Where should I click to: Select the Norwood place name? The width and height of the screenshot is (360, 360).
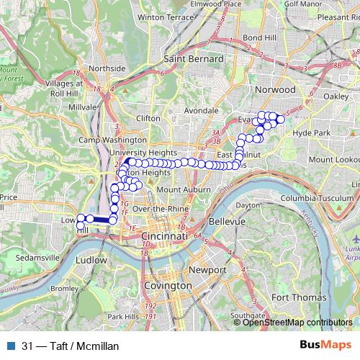[x=276, y=89]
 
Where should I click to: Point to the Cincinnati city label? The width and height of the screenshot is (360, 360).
[x=165, y=236]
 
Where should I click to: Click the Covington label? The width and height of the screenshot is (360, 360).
[x=167, y=286]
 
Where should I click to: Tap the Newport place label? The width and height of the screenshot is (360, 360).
[x=202, y=269]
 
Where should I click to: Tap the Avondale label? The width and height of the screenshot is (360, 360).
[x=202, y=111]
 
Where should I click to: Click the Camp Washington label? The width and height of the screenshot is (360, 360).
[x=112, y=140]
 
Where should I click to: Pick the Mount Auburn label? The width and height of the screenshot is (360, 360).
[x=183, y=189]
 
